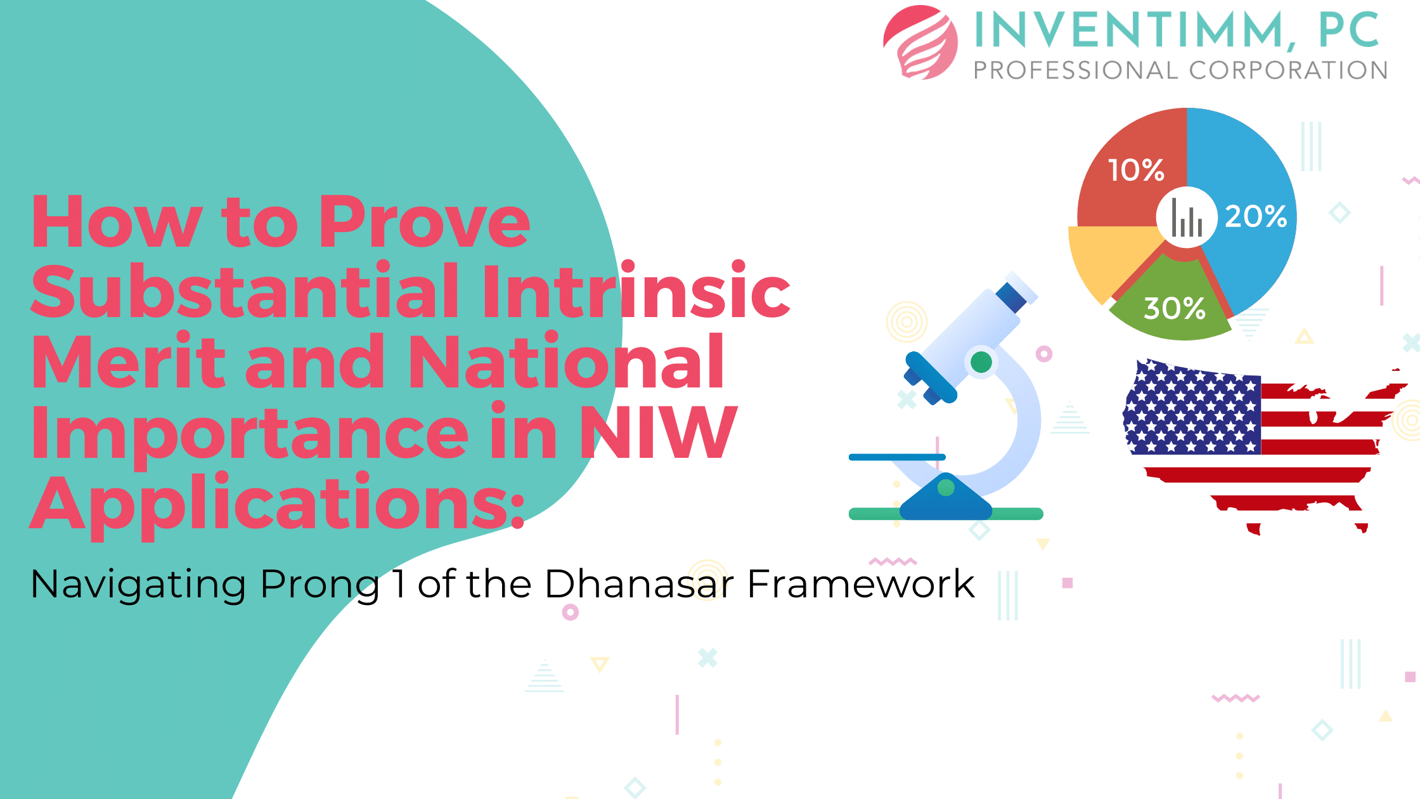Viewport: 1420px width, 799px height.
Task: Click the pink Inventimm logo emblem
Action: (x=920, y=42)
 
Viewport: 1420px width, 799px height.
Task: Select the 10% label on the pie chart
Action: (x=1136, y=170)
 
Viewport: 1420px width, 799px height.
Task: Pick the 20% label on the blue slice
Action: (x=1256, y=216)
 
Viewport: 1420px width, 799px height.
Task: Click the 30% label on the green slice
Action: (x=1174, y=308)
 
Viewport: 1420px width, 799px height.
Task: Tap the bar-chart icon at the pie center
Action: (x=1187, y=218)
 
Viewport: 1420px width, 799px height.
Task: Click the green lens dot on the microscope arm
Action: (x=981, y=362)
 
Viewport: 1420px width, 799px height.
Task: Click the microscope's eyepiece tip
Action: (x=1021, y=288)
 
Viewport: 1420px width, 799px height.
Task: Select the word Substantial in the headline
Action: (x=244, y=291)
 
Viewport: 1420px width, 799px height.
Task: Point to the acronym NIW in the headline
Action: (x=659, y=431)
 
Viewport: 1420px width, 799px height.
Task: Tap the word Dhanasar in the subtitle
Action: (x=639, y=583)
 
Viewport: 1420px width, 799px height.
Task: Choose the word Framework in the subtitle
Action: (x=861, y=583)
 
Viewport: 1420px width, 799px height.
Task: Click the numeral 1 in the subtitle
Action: (x=399, y=583)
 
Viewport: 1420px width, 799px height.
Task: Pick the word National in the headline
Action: (x=566, y=361)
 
